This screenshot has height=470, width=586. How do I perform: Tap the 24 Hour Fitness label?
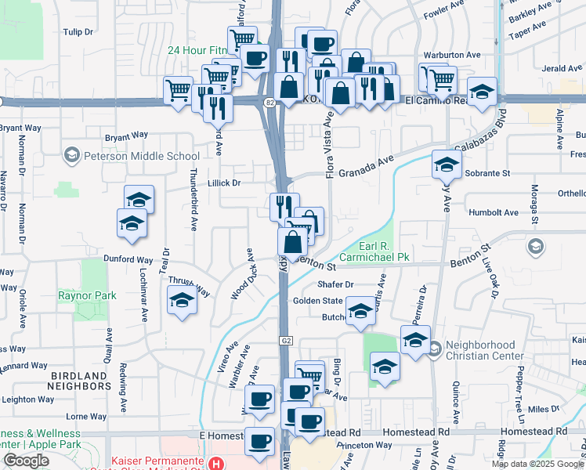pos(196,50)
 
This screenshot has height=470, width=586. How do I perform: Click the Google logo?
pos(26,461)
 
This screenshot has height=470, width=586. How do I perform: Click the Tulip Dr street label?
pos(78,32)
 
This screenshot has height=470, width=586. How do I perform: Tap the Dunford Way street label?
pos(128,259)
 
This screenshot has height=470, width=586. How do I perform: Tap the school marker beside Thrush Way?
pos(182,300)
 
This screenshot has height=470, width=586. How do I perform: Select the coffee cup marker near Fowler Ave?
pos(321,44)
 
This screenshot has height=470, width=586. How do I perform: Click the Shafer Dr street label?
pos(335,284)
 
